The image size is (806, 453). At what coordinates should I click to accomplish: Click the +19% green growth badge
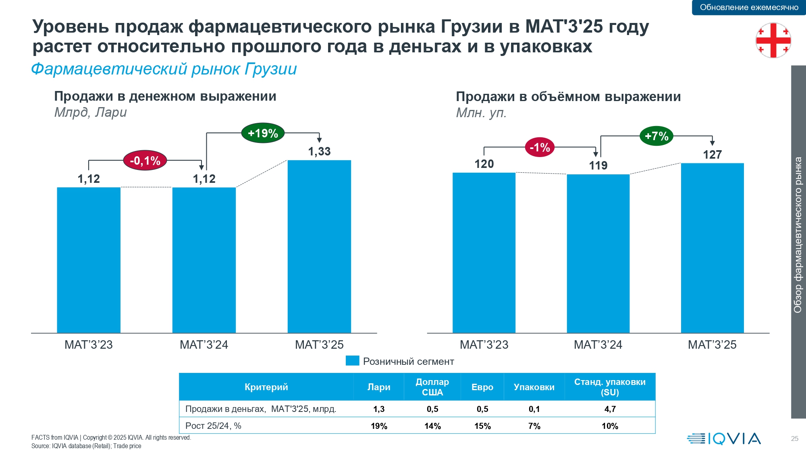coord(263,133)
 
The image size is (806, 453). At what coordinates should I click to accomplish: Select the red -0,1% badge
coord(145,161)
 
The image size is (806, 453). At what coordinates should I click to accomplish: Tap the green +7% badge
coord(656,136)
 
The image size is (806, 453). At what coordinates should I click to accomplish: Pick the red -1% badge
coord(540,147)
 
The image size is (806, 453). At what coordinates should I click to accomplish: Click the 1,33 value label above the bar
coord(319,151)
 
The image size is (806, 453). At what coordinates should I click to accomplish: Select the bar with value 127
coord(712,248)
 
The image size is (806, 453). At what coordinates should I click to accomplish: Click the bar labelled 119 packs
coord(598,254)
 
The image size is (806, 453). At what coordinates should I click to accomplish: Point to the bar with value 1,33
coord(319,246)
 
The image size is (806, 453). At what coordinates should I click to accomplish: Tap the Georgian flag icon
coord(773,40)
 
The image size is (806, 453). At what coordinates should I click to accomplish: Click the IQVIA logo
coord(724,439)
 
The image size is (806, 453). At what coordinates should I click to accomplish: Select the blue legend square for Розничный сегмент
coord(352,361)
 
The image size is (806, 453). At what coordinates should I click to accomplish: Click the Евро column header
coord(482,387)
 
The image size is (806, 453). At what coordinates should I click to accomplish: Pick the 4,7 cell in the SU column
coord(610,409)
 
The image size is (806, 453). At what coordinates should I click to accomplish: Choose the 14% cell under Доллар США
coord(432,426)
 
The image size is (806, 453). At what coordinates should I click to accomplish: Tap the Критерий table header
coord(266,387)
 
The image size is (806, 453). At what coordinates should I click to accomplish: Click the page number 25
coord(794,439)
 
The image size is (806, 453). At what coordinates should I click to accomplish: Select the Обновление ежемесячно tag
coord(749,7)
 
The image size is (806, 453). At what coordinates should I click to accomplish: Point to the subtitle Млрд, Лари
coord(90,112)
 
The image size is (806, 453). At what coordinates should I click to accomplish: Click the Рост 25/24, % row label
coord(213,426)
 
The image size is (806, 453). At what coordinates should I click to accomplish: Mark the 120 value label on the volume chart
coord(484,164)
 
